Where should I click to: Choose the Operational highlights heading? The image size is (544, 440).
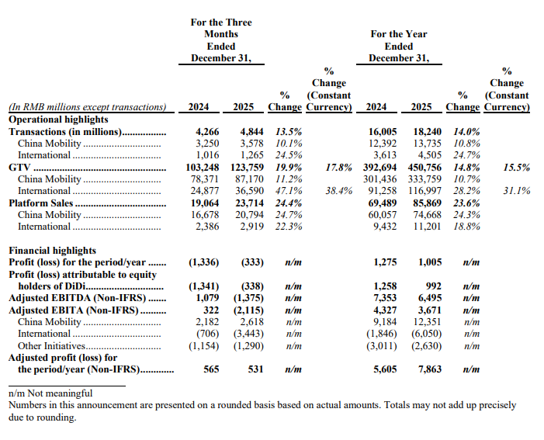point(58,120)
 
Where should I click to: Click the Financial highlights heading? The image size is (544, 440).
point(52,251)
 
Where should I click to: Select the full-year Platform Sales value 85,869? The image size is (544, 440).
point(425,203)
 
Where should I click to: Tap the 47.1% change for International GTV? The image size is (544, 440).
point(288,190)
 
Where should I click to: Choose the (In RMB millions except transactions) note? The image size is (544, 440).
point(87,107)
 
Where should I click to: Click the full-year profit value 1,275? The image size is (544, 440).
point(385,263)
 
